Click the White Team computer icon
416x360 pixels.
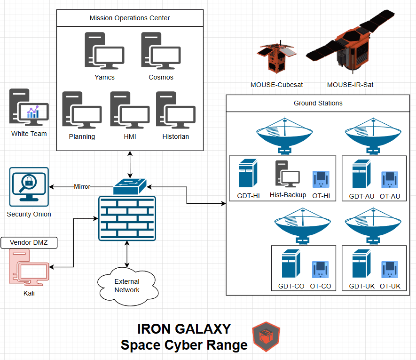[x=28, y=108]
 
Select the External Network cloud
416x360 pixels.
[x=126, y=286]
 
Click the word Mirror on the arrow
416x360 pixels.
[x=82, y=187]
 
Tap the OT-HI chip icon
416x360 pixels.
[x=321, y=180]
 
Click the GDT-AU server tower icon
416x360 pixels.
[x=360, y=175]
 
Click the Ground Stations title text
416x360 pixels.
[x=318, y=103]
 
